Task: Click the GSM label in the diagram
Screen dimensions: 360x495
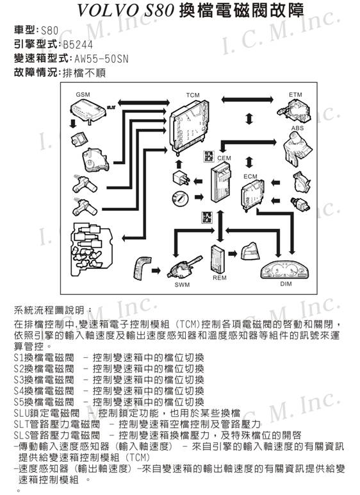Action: tap(83, 94)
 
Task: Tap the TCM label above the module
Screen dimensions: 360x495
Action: tap(193, 95)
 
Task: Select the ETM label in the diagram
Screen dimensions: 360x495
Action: tap(295, 94)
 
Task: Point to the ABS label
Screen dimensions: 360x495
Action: tap(297, 128)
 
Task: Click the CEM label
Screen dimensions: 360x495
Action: tap(224, 158)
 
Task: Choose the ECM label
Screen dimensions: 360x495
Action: tap(250, 176)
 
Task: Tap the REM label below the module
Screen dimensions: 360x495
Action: tap(220, 278)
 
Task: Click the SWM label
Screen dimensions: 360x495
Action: tap(183, 285)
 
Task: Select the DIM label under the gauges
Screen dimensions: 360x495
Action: tap(286, 284)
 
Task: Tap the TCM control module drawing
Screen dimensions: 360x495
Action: tap(189, 126)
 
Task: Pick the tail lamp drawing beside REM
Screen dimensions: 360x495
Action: tap(250, 251)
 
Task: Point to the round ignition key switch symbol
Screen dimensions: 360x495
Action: tap(180, 199)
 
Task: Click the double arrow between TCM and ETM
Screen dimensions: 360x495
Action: tap(247, 99)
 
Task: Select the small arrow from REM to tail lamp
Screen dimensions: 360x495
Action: tap(233, 253)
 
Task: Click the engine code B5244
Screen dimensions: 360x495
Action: tap(78, 45)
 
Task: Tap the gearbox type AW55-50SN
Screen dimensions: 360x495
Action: tap(101, 59)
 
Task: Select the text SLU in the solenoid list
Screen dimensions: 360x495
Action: tap(21, 413)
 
